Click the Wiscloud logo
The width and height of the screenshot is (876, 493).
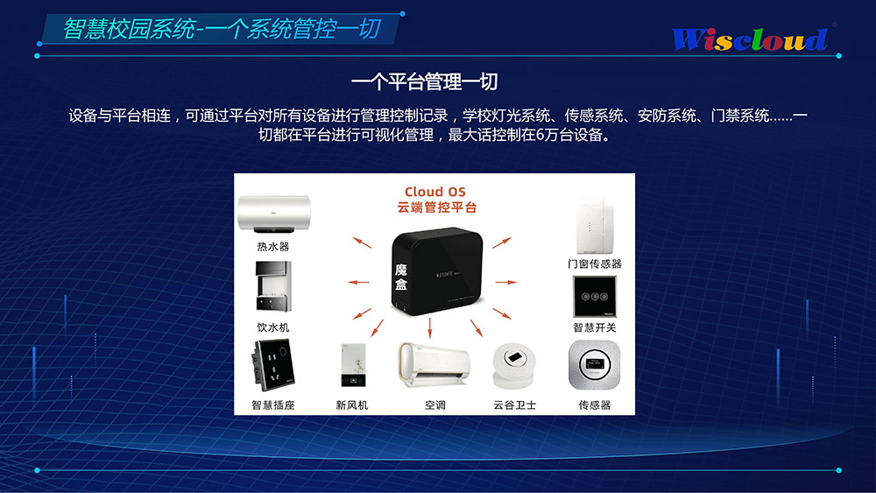(x=750, y=39)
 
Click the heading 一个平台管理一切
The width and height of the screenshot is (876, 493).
(x=425, y=82)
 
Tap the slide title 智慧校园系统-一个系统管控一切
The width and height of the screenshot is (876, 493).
(x=222, y=29)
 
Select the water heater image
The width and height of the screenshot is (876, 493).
(x=273, y=214)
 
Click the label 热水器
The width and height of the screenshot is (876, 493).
(x=273, y=246)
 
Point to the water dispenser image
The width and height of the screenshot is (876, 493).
(x=273, y=286)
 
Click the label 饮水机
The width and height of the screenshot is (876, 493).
(x=273, y=327)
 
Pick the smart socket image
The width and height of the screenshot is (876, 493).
(x=273, y=366)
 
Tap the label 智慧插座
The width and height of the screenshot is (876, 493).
(x=273, y=405)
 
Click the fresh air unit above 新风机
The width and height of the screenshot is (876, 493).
(x=353, y=365)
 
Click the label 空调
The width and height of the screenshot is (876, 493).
(x=434, y=405)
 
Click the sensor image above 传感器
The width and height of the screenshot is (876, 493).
(x=595, y=365)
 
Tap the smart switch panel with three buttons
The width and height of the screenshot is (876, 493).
(x=595, y=296)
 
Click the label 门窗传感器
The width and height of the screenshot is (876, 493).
(x=595, y=264)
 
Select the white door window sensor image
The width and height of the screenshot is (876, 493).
(x=595, y=226)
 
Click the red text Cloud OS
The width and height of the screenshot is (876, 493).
(x=435, y=192)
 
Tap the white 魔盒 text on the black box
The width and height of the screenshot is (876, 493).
(x=401, y=278)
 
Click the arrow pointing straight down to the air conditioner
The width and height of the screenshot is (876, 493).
(x=430, y=328)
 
